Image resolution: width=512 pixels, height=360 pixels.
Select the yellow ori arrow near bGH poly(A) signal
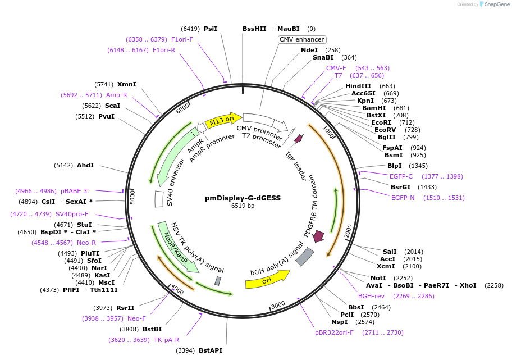(267, 279)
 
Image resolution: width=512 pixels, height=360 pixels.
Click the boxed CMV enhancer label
(302, 39)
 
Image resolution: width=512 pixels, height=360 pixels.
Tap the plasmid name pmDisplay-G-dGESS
(243, 198)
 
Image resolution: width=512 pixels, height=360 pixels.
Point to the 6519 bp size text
(243, 206)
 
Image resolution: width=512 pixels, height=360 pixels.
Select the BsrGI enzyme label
(401, 187)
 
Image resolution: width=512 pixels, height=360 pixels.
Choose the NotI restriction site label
(378, 278)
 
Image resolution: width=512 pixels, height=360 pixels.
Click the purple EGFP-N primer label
(403, 198)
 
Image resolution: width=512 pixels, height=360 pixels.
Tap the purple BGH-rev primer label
(371, 296)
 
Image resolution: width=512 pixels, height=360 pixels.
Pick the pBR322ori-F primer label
(335, 332)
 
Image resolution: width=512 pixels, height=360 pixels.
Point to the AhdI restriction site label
(85, 165)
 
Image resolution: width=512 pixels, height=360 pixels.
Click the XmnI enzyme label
(126, 84)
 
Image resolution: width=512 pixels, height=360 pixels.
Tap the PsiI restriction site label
(211, 29)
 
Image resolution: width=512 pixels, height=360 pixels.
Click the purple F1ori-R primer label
(164, 50)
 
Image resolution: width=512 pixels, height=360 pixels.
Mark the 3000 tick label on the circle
(278, 305)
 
